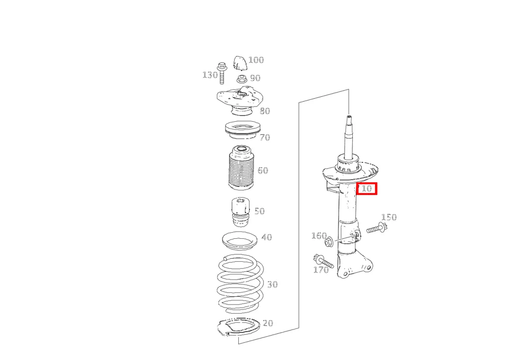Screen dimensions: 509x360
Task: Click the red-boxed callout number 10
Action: pos(366,188)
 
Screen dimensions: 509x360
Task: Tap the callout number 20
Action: pos(268,323)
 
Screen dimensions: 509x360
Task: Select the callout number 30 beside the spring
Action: pos(272,284)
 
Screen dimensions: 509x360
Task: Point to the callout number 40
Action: pos(267,237)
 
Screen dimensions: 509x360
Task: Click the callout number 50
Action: pos(260,211)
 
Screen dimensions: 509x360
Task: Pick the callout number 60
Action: pos(263,171)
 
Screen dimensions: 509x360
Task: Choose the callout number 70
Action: pos(265,137)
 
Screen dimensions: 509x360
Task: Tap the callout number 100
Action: pos(256,60)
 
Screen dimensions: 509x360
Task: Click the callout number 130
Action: pos(210,75)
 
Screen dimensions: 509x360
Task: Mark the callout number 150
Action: pos(389,217)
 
